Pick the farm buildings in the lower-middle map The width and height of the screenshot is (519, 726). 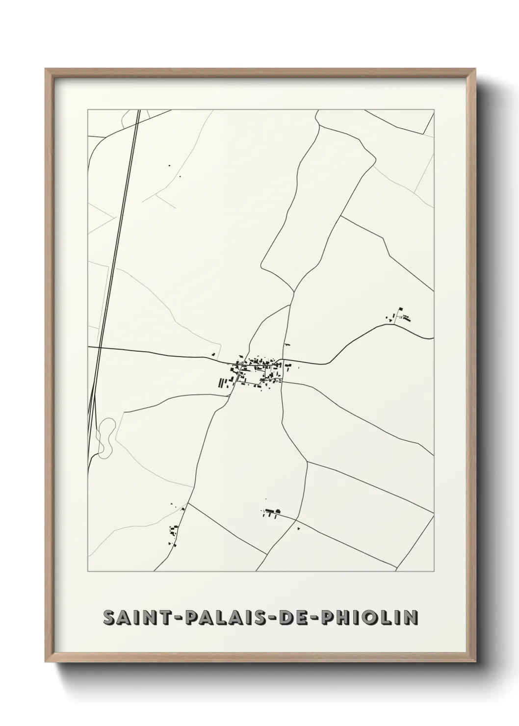[271, 513]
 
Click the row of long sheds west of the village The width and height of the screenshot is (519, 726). [225, 383]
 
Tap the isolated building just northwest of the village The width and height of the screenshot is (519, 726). [213, 354]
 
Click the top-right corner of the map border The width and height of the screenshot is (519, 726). [434, 110]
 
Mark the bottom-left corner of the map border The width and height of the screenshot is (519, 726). [88, 571]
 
